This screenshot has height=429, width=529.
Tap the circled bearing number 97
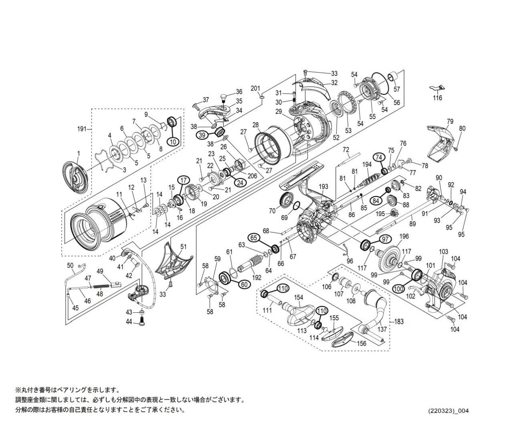pyautogui.click(x=385, y=239)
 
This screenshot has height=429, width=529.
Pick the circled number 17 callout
pyautogui.click(x=183, y=180)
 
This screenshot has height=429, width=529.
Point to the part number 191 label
pyautogui.click(x=81, y=129)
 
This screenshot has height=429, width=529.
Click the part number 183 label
pyautogui.click(x=399, y=322)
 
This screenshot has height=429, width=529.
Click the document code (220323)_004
pyautogui.click(x=448, y=411)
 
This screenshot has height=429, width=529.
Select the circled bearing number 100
pyautogui.click(x=399, y=288)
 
